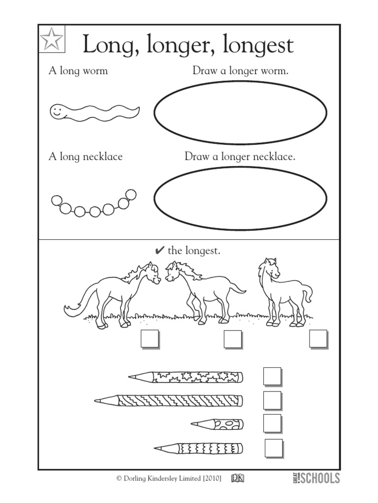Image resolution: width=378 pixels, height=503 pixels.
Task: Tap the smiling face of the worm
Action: (x=58, y=111)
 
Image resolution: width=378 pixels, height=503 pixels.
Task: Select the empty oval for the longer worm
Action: (x=240, y=113)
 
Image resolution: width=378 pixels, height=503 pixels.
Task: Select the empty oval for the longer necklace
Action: (x=240, y=198)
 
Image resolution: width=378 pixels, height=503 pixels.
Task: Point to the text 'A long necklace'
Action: (x=85, y=157)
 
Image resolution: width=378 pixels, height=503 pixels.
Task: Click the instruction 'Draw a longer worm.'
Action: (x=240, y=71)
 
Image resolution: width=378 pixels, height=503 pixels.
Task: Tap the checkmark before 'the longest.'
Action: (x=159, y=251)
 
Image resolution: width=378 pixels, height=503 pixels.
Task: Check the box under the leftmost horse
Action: (x=150, y=339)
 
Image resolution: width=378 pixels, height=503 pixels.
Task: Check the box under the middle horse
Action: (x=232, y=339)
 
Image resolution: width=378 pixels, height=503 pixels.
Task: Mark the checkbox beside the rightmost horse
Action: (x=318, y=339)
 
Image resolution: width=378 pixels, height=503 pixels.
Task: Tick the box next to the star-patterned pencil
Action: (x=272, y=377)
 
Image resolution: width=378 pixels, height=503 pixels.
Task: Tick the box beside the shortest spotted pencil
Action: (x=272, y=423)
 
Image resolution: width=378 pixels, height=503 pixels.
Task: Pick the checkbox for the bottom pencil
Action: (x=274, y=447)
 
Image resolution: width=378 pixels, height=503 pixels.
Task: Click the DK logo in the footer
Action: (x=239, y=477)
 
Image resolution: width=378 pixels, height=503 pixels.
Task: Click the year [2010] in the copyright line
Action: (x=208, y=478)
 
